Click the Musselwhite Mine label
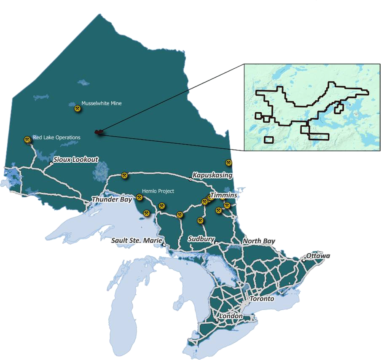tap(102, 103)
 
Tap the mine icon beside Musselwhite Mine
tap(78, 109)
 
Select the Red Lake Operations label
tap(56, 137)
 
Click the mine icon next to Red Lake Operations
tap(27, 140)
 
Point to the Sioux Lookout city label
tap(76, 159)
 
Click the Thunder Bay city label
tap(112, 199)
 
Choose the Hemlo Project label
tap(158, 191)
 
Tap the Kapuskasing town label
tap(212, 175)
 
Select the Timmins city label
tap(223, 196)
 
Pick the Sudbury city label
tap(201, 239)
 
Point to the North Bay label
tap(259, 241)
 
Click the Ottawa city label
tap(318, 256)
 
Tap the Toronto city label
tap(262, 298)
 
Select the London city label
tap(231, 316)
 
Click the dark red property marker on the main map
tap(99, 132)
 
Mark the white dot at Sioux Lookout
tap(51, 163)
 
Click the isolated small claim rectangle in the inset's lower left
tap(268, 140)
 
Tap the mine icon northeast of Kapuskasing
tap(228, 163)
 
